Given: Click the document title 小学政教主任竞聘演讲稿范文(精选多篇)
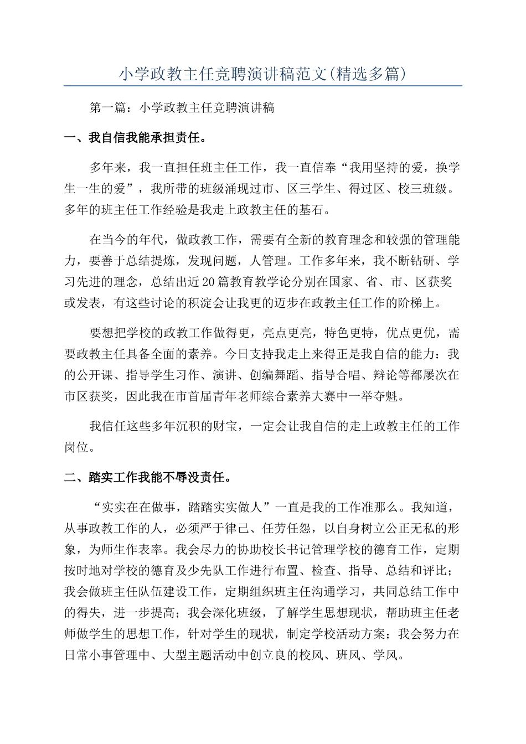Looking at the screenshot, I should coord(263,74).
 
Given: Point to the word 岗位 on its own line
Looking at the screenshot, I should coord(76,447).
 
